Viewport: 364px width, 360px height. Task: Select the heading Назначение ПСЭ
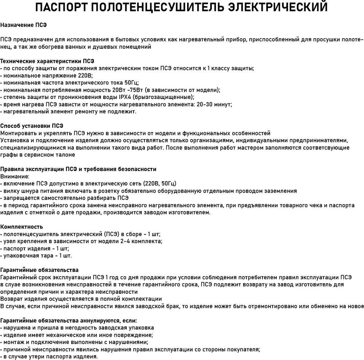pyautogui.click(x=24, y=25)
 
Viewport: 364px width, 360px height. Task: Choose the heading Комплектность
pyautogui.click(x=21, y=227)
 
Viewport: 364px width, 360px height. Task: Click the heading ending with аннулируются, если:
pyautogui.click(x=68, y=321)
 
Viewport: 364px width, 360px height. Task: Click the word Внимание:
pyautogui.click(x=15, y=177)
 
